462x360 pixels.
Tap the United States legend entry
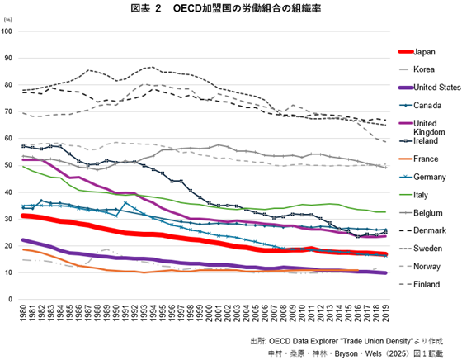tap(436, 88)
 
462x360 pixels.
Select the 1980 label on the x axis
tap(21, 315)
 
